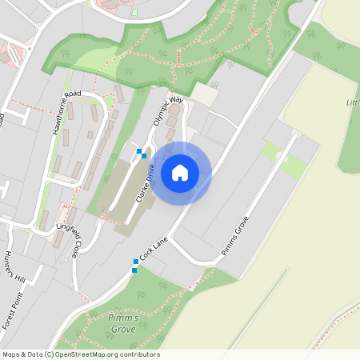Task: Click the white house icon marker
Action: tap(180, 172)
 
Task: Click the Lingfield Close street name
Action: tap(67, 239)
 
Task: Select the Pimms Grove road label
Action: tap(235, 236)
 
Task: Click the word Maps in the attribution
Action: tap(11, 354)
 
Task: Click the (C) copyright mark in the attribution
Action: tap(50, 354)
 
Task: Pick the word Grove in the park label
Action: tap(122, 329)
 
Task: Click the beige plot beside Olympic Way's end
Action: tap(203, 94)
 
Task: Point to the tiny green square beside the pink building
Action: tap(134, 12)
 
